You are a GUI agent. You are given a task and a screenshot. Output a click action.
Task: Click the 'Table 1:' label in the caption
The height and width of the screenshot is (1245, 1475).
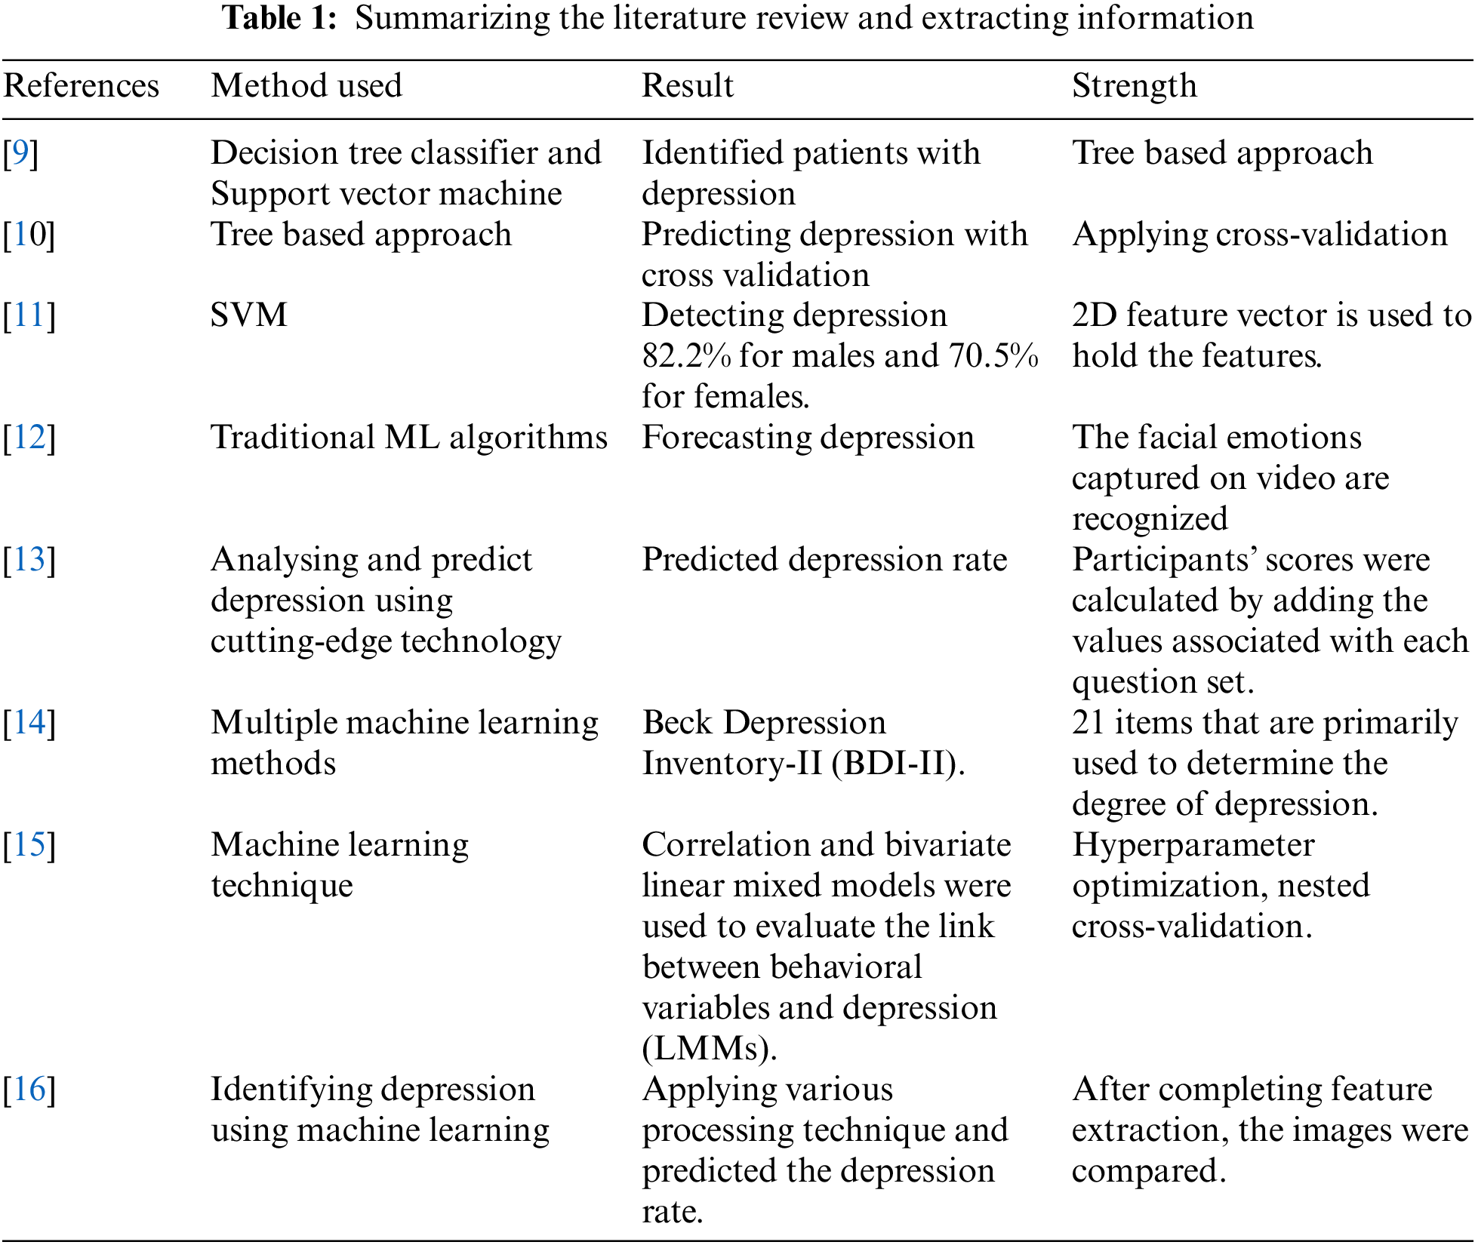[279, 18]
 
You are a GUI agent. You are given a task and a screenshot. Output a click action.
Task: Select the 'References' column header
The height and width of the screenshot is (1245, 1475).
[82, 86]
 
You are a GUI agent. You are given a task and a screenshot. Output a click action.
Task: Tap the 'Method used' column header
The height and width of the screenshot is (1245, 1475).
[306, 86]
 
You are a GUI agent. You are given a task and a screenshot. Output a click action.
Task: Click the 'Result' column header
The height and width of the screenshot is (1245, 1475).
[687, 86]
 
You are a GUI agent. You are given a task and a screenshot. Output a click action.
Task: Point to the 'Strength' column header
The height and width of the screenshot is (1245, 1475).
[1134, 86]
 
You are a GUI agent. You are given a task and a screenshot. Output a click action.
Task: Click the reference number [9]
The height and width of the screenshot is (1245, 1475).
[20, 153]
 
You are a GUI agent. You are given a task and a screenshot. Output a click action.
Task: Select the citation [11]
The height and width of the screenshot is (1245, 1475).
[29, 315]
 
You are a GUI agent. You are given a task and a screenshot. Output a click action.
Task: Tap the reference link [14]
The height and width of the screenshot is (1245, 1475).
[29, 723]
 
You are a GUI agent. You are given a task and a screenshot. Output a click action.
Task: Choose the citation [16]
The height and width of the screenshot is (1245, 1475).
[29, 1090]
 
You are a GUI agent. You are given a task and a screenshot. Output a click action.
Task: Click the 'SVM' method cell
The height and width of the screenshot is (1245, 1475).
[249, 315]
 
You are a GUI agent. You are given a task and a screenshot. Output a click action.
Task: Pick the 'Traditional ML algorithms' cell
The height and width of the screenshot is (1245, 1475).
[409, 438]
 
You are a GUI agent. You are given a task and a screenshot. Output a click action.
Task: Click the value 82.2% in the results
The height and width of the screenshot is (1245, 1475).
[686, 356]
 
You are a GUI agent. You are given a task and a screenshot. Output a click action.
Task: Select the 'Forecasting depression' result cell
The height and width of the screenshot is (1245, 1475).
[808, 438]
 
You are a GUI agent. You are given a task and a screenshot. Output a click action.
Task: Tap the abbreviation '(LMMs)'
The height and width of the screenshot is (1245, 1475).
[709, 1049]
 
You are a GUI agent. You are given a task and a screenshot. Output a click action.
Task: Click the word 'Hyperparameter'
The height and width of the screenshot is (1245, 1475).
[1193, 845]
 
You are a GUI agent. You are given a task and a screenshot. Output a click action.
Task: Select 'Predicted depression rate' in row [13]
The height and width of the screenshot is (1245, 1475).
[824, 560]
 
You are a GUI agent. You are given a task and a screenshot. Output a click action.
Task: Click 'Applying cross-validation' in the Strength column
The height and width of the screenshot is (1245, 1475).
[1259, 235]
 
